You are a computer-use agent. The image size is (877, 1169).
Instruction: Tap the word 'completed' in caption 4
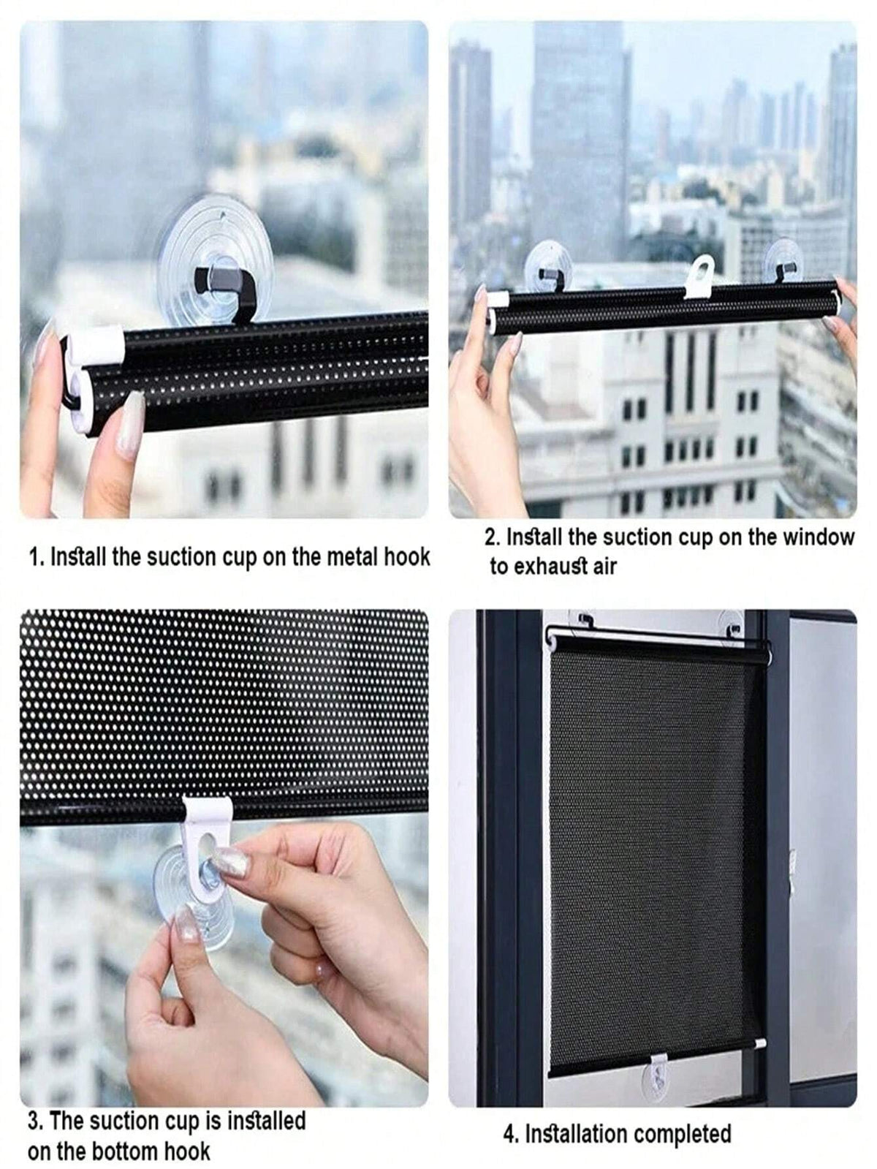point(683,1134)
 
